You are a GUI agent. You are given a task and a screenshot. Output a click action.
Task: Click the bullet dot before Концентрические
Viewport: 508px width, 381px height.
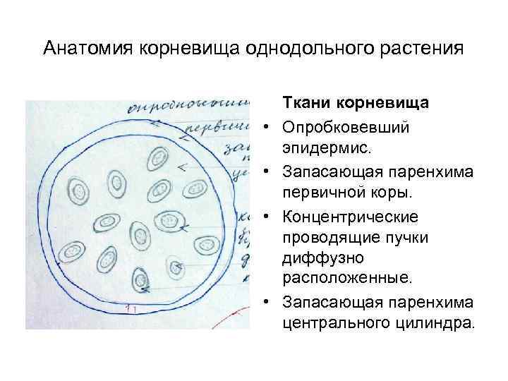[269, 216]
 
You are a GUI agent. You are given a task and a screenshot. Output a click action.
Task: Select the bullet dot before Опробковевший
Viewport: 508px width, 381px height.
[269, 129]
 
